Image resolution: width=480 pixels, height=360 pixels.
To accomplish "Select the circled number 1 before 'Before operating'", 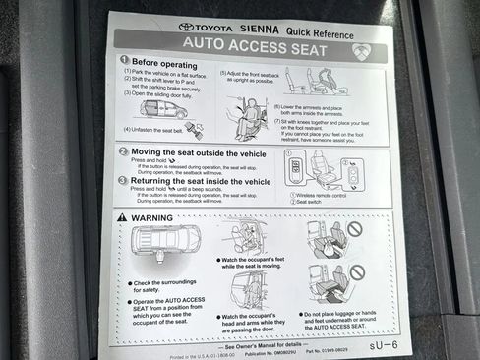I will (x=125, y=60).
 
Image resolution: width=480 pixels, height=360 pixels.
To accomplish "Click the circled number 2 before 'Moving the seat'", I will (x=123, y=151).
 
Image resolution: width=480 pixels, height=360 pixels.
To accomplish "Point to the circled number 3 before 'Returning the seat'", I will (x=122, y=181).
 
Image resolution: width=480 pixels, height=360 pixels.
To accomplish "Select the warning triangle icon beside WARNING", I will (x=122, y=216).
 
